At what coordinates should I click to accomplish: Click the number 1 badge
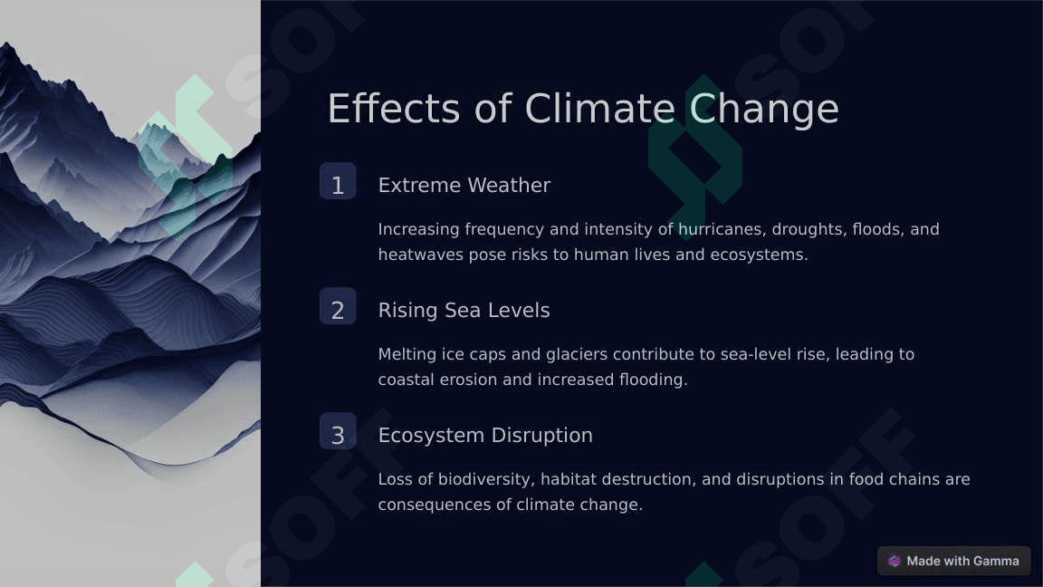click(338, 181)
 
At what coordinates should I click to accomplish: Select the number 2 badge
click(338, 306)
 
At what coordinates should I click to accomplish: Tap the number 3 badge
click(338, 431)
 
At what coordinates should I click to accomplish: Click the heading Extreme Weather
click(464, 185)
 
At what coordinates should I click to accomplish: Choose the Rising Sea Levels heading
click(464, 311)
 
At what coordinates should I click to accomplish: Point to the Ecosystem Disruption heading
click(485, 435)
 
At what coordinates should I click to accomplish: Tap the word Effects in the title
click(394, 109)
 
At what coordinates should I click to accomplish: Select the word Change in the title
click(763, 110)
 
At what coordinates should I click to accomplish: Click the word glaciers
click(577, 355)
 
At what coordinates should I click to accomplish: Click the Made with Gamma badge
click(954, 561)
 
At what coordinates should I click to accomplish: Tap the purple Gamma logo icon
click(895, 561)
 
